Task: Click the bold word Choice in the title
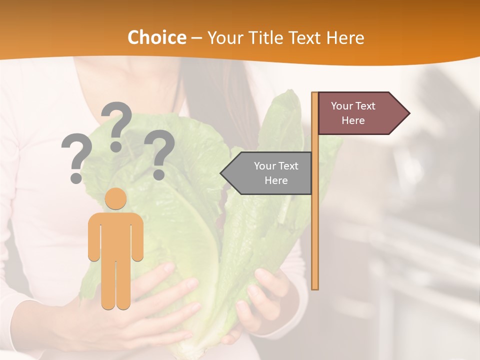(156, 37)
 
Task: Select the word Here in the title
(345, 37)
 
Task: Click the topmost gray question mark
(116, 125)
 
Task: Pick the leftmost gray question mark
(76, 157)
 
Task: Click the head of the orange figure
(115, 198)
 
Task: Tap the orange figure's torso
(115, 235)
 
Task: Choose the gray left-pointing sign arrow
(267, 173)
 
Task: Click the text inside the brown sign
(353, 113)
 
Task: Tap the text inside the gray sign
(276, 173)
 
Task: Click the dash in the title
(196, 38)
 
